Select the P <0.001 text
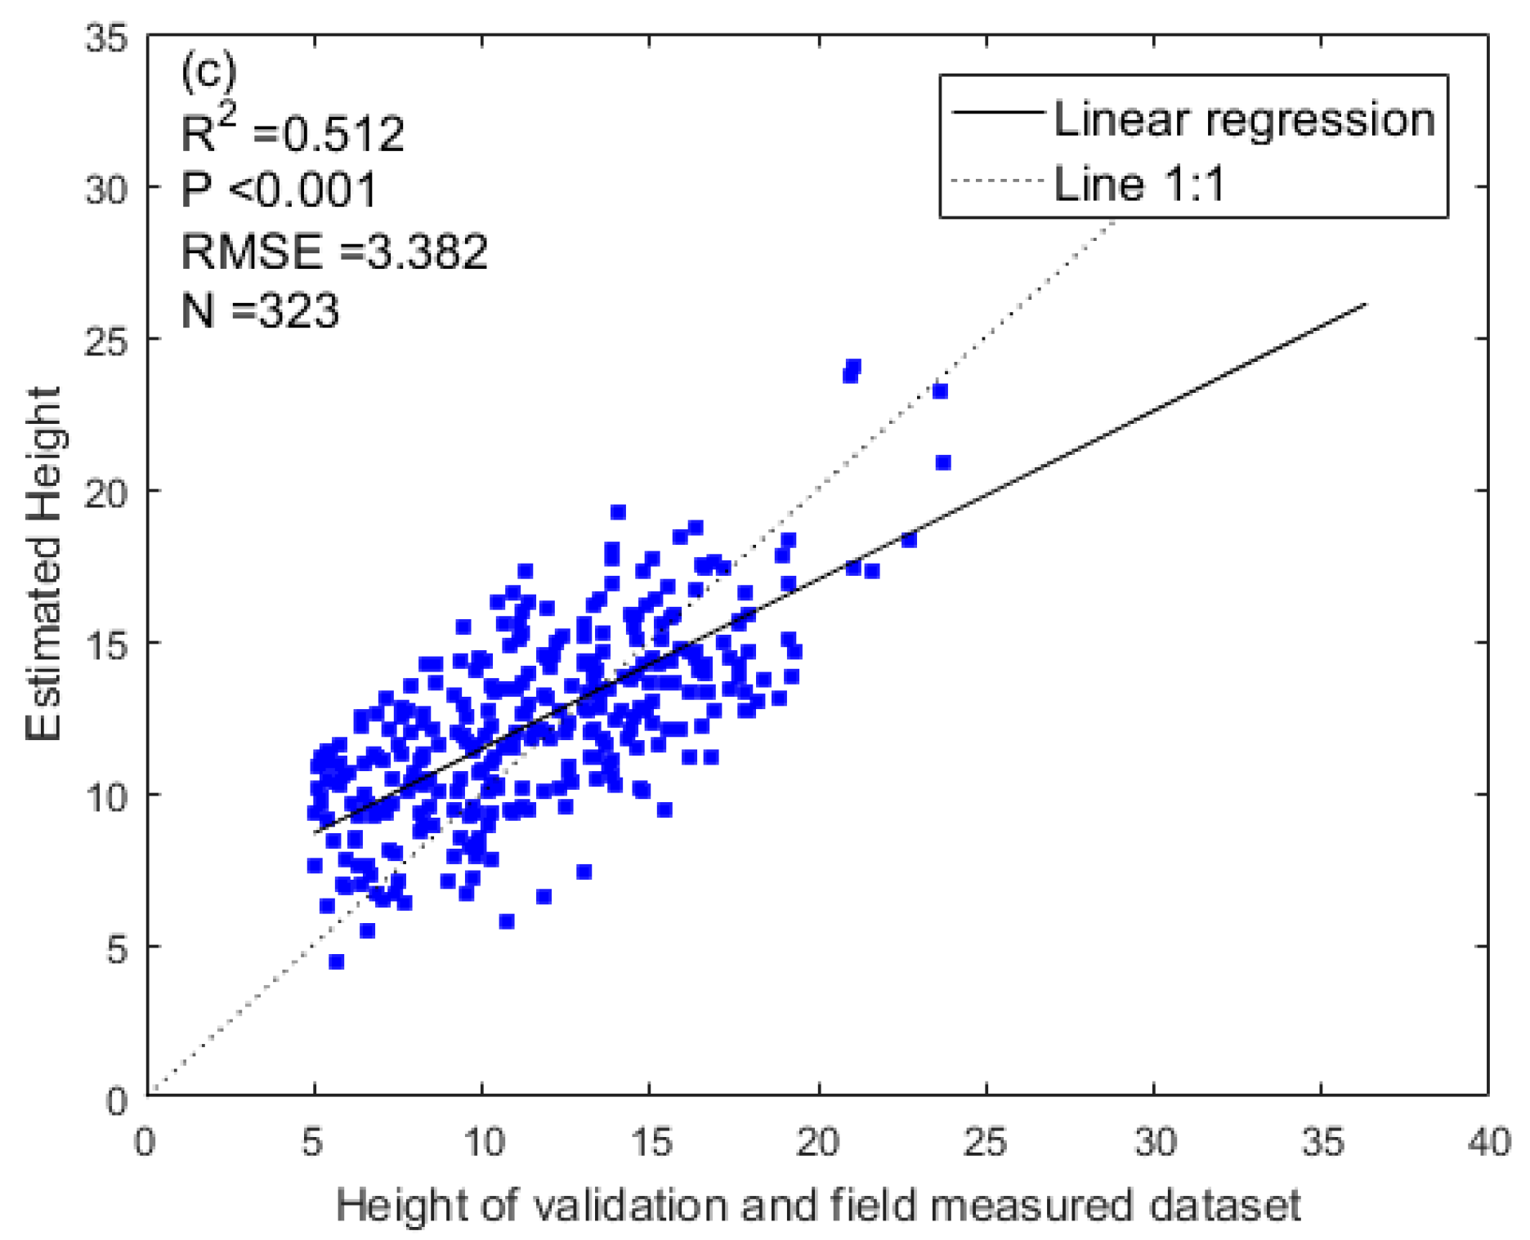279,190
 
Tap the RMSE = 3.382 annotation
333,250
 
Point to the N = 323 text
259,310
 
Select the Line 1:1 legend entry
1139,183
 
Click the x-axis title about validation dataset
817,1206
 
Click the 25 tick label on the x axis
985,1142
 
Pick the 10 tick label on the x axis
482,1142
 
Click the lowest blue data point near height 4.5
336,961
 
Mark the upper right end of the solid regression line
1366,304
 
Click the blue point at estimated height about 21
942,462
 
